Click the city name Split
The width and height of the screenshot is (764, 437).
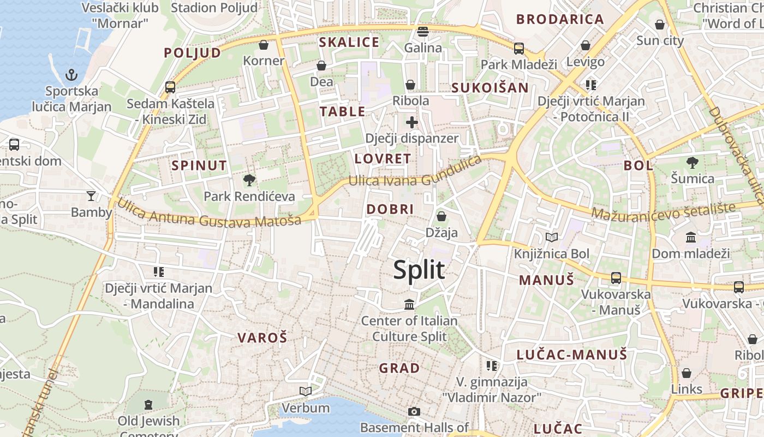pos(419,270)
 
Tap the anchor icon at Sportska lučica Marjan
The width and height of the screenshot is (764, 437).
pos(71,74)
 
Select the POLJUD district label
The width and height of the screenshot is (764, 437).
pos(193,53)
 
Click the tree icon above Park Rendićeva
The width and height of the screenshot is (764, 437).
pos(249,180)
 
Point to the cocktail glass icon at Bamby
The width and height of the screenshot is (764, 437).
pos(91,196)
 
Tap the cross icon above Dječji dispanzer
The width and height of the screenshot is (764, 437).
pos(411,122)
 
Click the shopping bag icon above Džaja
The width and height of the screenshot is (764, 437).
pos(441,216)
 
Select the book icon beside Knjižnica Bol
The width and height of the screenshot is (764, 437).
pos(552,237)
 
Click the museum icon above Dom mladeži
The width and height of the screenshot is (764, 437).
pos(690,237)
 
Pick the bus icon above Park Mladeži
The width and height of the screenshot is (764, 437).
pos(518,48)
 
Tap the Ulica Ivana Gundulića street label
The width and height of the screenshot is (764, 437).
pos(415,174)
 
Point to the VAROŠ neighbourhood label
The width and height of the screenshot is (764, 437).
pos(262,338)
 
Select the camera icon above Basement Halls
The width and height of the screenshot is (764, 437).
pos(414,411)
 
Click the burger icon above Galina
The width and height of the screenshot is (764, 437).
pos(423,31)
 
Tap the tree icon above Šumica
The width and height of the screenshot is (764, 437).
pos(693,162)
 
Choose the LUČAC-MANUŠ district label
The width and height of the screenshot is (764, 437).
pos(572,355)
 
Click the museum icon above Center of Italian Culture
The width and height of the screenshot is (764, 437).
pos(409,304)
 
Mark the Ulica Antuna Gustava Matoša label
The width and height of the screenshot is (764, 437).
pos(209,214)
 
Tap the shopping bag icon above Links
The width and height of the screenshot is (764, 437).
pos(687,373)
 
